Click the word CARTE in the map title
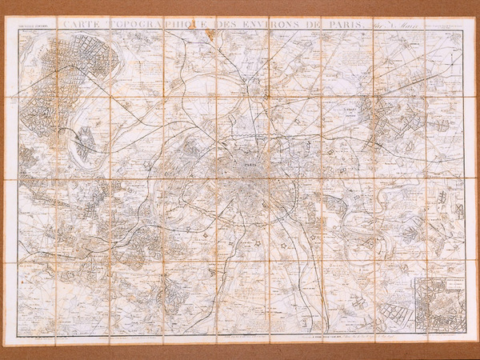pos(83,25)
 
